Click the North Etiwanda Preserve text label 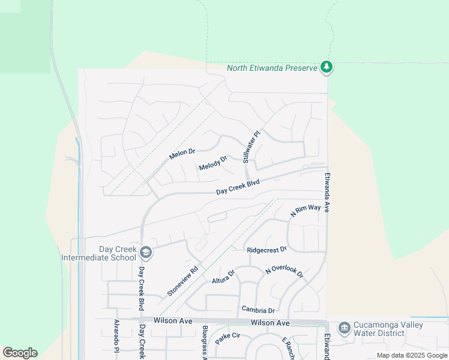click(x=271, y=68)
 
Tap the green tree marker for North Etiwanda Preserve click(x=327, y=67)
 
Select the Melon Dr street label click(x=182, y=154)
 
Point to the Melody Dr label click(x=213, y=163)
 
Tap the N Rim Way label click(x=306, y=210)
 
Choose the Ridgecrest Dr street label click(x=267, y=249)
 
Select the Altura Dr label click(x=223, y=277)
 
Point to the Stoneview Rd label click(x=183, y=281)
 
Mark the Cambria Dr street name click(x=258, y=310)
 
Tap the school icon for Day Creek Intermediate click(x=146, y=252)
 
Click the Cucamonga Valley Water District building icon click(x=344, y=328)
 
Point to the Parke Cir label click(x=228, y=335)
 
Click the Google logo click(x=20, y=353)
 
